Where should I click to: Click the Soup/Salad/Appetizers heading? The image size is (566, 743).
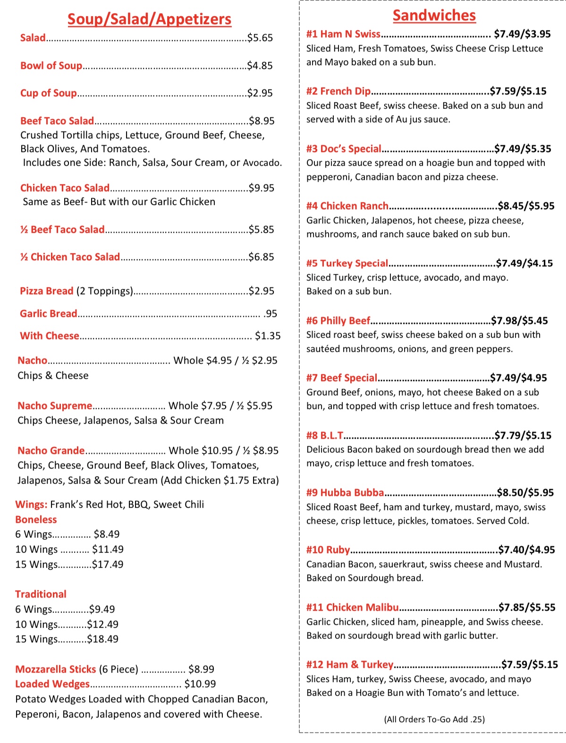coord(149,19)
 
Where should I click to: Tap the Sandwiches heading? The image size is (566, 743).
coord(434,15)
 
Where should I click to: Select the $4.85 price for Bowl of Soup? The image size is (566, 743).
coord(260,66)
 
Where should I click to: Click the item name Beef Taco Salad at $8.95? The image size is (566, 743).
coord(57,121)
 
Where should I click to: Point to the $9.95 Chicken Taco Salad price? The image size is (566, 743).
coord(262,188)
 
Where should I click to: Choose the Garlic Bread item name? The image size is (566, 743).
coord(48,314)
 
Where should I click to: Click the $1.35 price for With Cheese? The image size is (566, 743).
coord(268,336)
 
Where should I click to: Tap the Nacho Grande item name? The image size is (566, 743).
coord(51,451)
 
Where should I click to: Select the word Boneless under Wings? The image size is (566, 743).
coord(36,520)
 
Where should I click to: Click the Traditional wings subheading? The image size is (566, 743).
coord(41,594)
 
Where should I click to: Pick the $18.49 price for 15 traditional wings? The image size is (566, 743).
coord(102,639)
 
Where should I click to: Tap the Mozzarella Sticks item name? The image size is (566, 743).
coord(55,669)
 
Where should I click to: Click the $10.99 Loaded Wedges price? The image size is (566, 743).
coord(200,684)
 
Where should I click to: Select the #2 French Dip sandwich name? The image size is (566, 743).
coord(338,91)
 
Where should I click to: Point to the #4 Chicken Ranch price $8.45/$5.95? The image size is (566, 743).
coord(526,206)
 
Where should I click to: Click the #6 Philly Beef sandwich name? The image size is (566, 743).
coord(338,321)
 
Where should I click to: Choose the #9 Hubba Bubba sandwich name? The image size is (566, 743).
coord(345,493)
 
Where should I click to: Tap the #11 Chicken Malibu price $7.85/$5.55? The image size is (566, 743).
coord(527,607)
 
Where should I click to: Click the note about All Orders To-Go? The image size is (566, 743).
coord(434,719)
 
